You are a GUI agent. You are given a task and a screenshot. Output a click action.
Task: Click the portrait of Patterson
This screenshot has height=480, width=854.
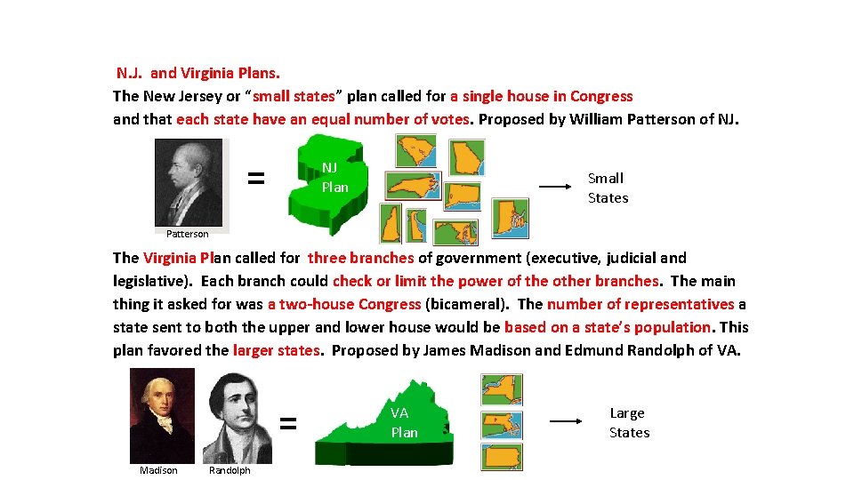[x=189, y=182]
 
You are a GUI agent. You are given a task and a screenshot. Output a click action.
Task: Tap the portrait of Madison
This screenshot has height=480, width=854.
[x=161, y=414]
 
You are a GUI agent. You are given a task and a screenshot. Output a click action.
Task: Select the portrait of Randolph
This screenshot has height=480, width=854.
[x=237, y=416]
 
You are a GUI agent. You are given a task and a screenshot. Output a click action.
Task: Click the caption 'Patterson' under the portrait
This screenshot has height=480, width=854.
[x=187, y=235]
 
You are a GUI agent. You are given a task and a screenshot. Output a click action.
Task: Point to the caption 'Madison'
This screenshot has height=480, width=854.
[x=158, y=470]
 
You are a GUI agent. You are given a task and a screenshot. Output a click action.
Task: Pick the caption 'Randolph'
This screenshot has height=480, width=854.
[x=230, y=470]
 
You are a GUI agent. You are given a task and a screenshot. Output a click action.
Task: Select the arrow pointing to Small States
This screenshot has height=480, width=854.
[x=554, y=188]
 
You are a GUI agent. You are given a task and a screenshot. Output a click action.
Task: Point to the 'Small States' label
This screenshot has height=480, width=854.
[x=608, y=188]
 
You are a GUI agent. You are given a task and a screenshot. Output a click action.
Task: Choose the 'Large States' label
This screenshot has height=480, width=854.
[x=629, y=422]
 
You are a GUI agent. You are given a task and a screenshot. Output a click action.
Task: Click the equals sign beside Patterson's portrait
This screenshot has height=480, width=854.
[x=255, y=178]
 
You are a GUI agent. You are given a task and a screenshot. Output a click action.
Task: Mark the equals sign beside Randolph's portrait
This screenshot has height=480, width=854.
[x=288, y=423]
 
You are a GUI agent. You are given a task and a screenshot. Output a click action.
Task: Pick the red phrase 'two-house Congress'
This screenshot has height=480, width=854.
[x=343, y=304]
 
